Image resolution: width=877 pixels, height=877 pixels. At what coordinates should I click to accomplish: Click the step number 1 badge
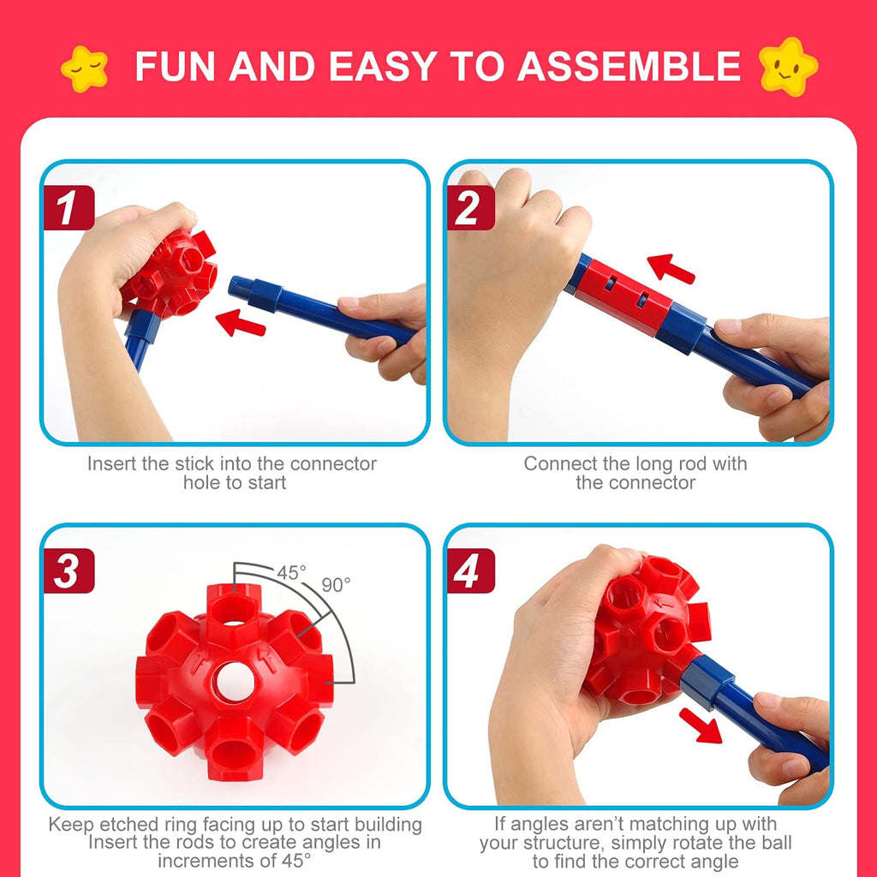point(68,209)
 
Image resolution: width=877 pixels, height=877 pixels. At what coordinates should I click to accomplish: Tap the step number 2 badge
point(469,209)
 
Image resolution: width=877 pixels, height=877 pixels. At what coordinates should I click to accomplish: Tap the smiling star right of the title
point(788,67)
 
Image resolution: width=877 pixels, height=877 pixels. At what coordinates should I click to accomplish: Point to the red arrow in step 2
point(671,268)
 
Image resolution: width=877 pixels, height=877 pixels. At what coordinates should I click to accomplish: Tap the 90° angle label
point(336,585)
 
